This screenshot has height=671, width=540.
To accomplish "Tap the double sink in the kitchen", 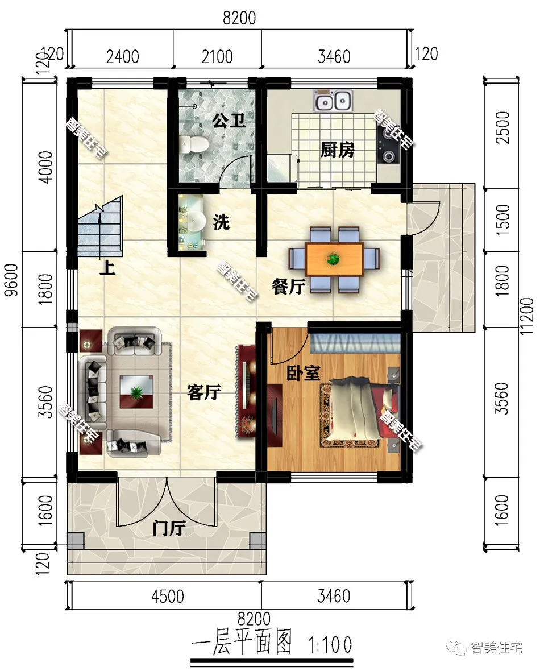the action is click(333, 101).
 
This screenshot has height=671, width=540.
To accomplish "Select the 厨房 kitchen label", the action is click(338, 150).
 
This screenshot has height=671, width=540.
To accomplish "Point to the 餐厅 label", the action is click(288, 286).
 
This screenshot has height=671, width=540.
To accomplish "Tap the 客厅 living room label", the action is click(204, 392).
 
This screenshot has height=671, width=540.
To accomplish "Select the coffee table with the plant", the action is click(136, 392).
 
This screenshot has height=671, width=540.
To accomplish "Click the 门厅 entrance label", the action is click(169, 529).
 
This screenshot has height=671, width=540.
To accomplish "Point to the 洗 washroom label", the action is click(221, 222).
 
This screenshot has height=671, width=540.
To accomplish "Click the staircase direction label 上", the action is click(107, 268).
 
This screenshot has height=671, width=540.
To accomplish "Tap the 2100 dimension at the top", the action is click(217, 56).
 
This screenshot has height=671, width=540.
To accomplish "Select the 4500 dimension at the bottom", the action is click(168, 596).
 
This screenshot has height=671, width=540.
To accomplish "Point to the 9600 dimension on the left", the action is click(13, 280).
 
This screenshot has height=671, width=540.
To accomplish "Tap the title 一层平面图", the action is click(242, 643).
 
